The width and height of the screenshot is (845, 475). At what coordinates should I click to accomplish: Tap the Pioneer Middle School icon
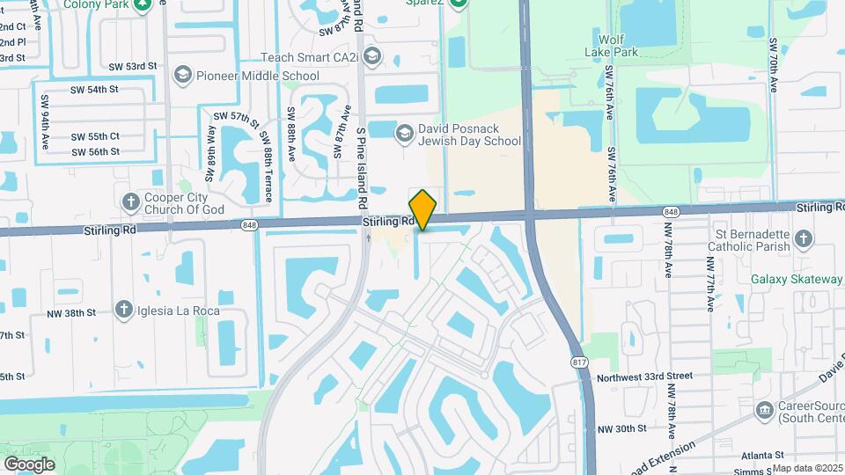[183, 75]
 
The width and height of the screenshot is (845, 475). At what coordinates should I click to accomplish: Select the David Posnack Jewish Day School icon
[404, 134]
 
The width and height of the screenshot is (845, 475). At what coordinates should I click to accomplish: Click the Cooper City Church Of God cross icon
[131, 202]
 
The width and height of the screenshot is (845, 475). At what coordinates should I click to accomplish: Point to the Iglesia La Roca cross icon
[123, 310]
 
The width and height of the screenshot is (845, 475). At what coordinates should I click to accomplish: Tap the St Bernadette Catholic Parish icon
[803, 239]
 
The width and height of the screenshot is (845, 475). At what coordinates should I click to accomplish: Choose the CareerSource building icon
[764, 410]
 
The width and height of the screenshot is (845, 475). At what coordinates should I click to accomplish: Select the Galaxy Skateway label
[797, 280]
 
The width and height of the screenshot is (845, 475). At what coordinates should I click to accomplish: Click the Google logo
[29, 464]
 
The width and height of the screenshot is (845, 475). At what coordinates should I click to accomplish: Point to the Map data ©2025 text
[808, 468]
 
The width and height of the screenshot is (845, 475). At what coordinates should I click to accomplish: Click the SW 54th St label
[94, 90]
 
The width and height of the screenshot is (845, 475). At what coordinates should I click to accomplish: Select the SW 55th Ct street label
[96, 136]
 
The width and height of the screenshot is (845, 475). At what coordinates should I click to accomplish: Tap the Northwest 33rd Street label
[646, 376]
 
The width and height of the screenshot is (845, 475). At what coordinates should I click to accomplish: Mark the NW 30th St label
[621, 428]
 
